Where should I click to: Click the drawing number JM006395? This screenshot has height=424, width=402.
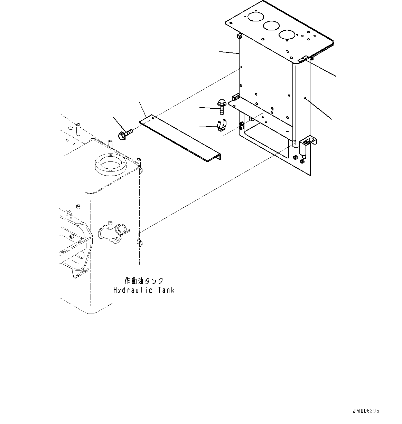click(366, 411)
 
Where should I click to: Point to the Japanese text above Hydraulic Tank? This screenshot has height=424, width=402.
click(143, 281)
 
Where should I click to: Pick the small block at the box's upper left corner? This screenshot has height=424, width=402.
click(239, 36)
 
